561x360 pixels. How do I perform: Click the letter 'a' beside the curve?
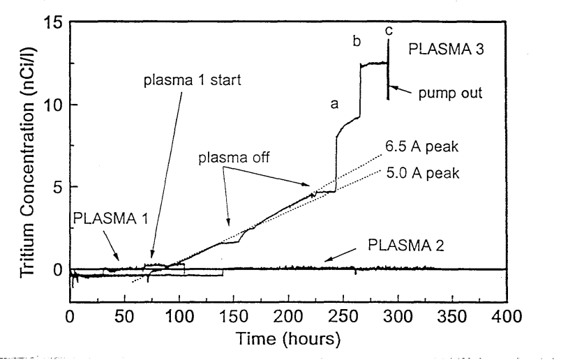tap(334, 105)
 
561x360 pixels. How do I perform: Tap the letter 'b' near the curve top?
tap(357, 42)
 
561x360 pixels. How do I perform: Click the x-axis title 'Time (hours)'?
tap(288, 340)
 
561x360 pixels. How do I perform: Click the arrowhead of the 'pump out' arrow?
tap(390, 87)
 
